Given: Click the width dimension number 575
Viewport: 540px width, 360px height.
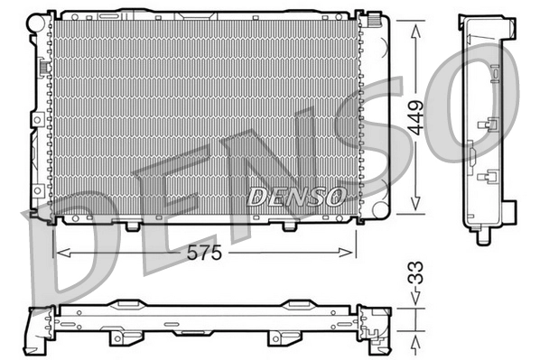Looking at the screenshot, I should click(204, 254).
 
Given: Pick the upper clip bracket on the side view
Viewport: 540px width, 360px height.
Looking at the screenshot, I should click(492, 125).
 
